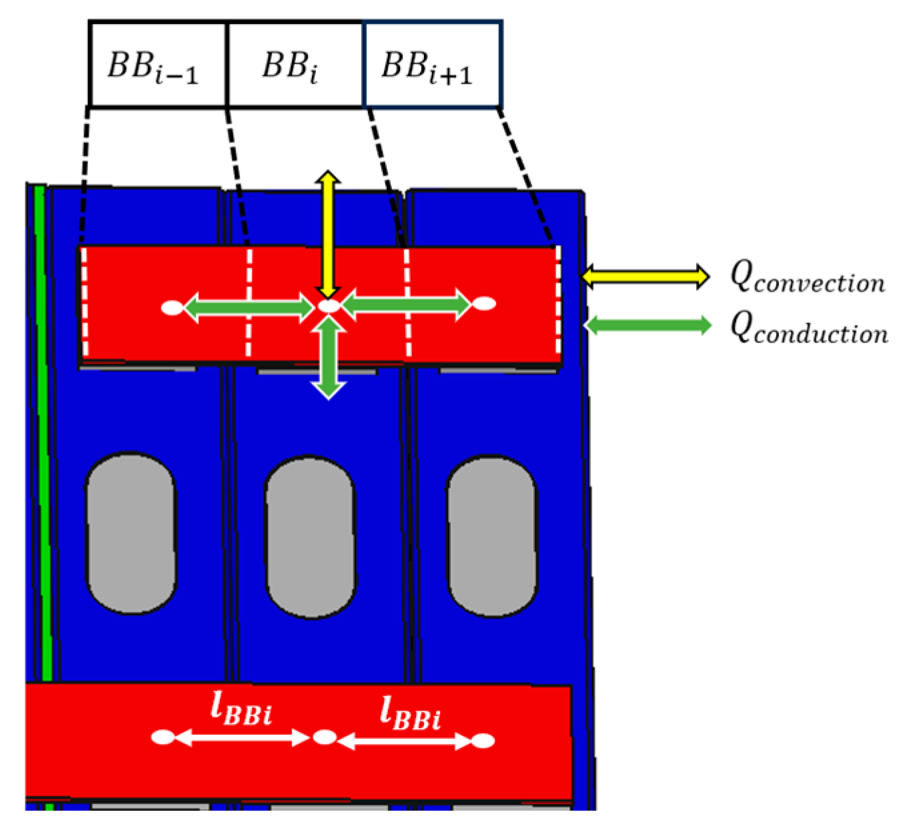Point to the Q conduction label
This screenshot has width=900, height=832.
[x=809, y=328]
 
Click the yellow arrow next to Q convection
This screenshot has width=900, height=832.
[x=645, y=276]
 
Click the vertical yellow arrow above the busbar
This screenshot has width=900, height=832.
[x=328, y=233]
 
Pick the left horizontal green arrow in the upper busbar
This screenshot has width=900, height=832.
[x=248, y=308]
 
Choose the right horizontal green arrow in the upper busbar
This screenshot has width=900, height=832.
[x=407, y=304]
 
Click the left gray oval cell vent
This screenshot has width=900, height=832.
[x=131, y=534]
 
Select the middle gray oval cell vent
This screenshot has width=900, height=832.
[x=311, y=536]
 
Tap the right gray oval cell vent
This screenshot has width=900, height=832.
[x=491, y=536]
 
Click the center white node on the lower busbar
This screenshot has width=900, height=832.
[x=325, y=737]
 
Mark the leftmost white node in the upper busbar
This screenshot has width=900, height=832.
[x=172, y=308]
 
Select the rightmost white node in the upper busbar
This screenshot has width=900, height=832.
[x=485, y=304]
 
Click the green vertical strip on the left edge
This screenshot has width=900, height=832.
[x=41, y=433]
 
